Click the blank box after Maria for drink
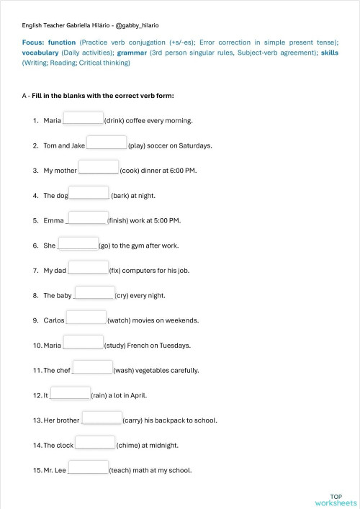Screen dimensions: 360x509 point(84,118)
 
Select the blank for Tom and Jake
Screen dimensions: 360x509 point(107,143)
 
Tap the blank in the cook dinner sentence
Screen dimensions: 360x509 point(99,168)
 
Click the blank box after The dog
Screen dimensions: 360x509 point(89,193)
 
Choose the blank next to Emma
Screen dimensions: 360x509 point(86,217)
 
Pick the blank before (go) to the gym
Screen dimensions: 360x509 point(78,243)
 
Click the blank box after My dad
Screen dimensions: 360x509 point(88,268)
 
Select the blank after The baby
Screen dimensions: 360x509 point(94,292)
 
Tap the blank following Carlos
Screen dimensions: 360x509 point(86,317)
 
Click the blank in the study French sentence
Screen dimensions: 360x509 point(84,343)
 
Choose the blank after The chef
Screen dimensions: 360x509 point(92,367)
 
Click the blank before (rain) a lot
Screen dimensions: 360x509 point(71,392)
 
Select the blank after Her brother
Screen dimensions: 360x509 point(102,418)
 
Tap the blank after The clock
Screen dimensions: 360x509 point(95,442)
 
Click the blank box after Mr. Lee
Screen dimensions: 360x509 point(88,467)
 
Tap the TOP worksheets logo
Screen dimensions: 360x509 point(336,500)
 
